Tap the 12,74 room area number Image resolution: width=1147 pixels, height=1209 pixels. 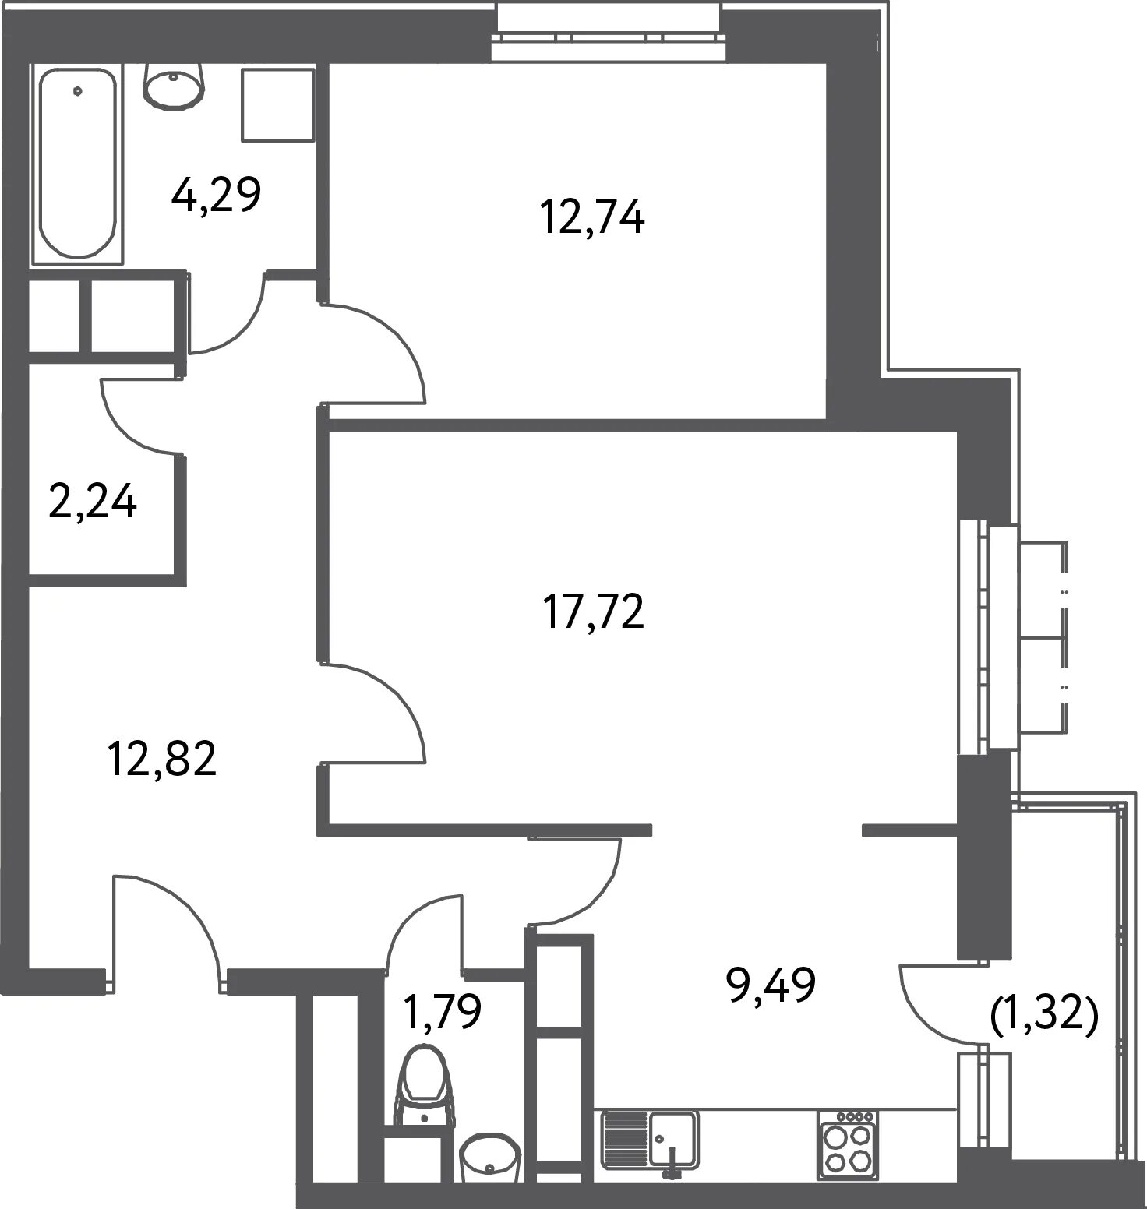click(x=592, y=217)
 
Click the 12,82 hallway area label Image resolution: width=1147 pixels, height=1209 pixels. click(x=162, y=758)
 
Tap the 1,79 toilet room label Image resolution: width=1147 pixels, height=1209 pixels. click(x=442, y=1010)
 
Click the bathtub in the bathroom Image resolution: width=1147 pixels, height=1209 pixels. click(x=77, y=164)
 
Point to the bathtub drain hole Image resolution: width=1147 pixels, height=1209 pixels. click(x=77, y=90)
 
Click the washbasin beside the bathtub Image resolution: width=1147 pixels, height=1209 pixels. click(x=174, y=85)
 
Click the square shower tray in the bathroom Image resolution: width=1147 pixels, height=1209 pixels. click(x=278, y=105)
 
